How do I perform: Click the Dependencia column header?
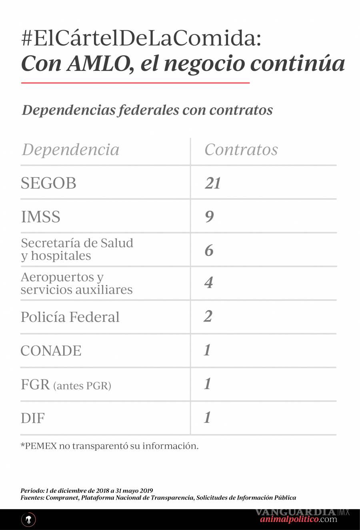point(70,150)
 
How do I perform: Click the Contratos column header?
point(241,150)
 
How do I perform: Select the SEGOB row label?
point(48,183)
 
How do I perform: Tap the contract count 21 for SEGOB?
point(213,183)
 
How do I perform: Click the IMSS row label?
point(40,217)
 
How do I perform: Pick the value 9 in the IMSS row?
point(209,217)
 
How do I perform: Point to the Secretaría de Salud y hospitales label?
point(77,249)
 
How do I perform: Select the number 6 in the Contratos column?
point(209,251)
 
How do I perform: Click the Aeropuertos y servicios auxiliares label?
point(76,283)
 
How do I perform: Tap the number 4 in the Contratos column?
point(208,283)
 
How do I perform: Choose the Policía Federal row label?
point(70,317)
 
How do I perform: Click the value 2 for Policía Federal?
point(208,316)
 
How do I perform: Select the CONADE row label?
point(51,351)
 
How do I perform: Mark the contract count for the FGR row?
point(207,384)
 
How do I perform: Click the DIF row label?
point(33,418)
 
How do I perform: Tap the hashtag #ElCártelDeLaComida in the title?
point(141,39)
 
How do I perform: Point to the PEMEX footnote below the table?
point(109,446)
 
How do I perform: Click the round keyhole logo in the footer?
point(28,520)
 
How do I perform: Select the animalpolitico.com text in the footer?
point(298,520)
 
